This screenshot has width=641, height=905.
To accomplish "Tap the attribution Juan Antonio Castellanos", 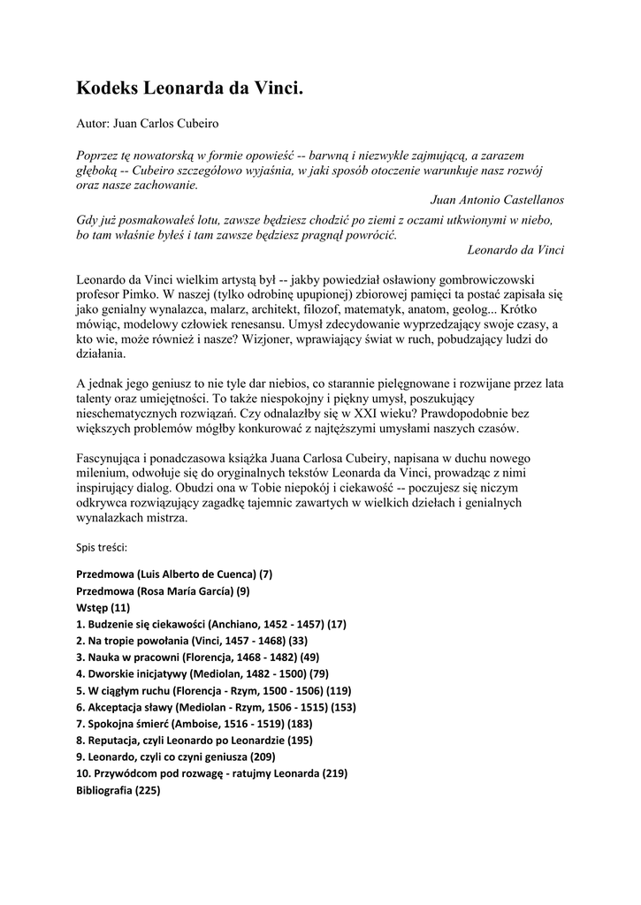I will pos(497,200).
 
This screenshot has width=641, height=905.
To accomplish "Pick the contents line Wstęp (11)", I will pos(103,607).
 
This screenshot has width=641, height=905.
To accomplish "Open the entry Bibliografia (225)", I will pos(118,790).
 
